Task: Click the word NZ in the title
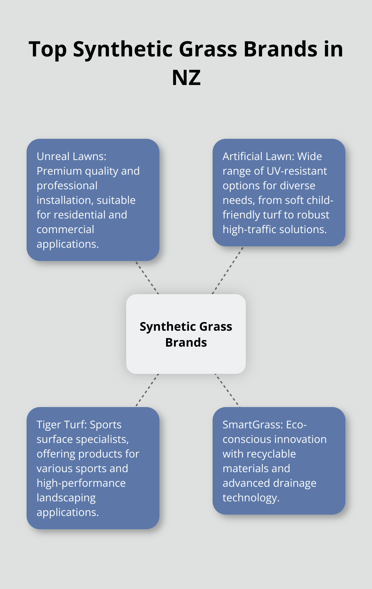coord(186,78)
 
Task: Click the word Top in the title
coord(48,50)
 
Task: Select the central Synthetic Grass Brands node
coord(186,334)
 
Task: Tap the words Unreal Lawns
coord(71,156)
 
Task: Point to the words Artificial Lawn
coord(258,156)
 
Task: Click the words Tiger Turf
coord(62,425)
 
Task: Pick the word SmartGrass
coord(252,425)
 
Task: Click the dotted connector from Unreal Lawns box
coord(147,278)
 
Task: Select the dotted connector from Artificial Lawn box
coord(228,270)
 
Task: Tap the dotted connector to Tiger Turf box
coord(147,390)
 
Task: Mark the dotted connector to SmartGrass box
coord(227,390)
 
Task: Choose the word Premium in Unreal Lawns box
coord(59,171)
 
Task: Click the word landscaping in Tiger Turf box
coord(66,498)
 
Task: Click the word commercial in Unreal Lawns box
coord(65,229)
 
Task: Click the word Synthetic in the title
coord(123,50)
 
